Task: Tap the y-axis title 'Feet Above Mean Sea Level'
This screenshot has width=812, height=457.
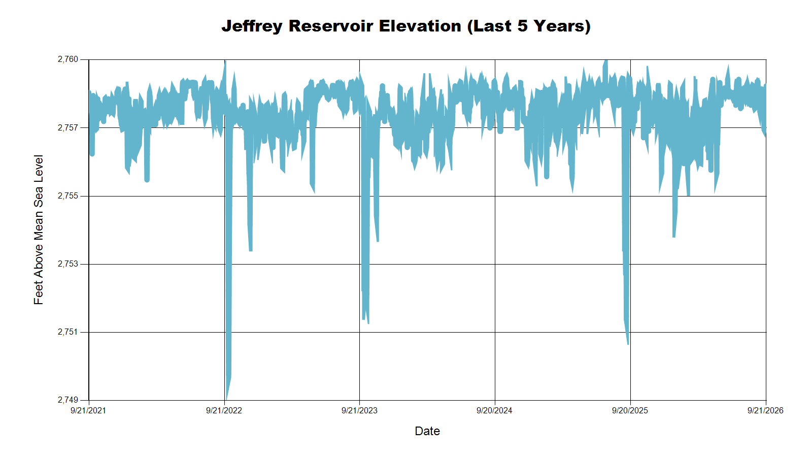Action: point(39,230)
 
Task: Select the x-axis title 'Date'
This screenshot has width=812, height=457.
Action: point(427,431)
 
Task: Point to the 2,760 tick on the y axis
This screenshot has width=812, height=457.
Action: point(68,59)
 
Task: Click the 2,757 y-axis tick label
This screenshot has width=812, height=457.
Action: point(68,127)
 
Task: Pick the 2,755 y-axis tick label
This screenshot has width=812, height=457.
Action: point(68,196)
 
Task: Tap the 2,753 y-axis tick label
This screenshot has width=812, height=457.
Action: point(68,264)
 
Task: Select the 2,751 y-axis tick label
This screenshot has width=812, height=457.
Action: point(68,332)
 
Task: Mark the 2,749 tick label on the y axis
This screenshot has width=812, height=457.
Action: point(68,400)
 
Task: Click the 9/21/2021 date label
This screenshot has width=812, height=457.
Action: point(88,411)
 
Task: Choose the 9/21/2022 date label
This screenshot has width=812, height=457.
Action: point(224,411)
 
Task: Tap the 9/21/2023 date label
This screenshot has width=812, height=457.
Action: point(359,411)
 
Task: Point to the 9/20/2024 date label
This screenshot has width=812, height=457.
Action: point(494,411)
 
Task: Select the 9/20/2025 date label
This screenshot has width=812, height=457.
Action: point(630,411)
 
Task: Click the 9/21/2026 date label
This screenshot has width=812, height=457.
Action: point(766,411)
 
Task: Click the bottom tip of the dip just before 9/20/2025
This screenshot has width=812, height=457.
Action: point(628,344)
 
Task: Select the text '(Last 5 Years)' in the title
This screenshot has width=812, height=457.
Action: point(529,26)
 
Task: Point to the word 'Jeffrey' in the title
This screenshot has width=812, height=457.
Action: point(252,26)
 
